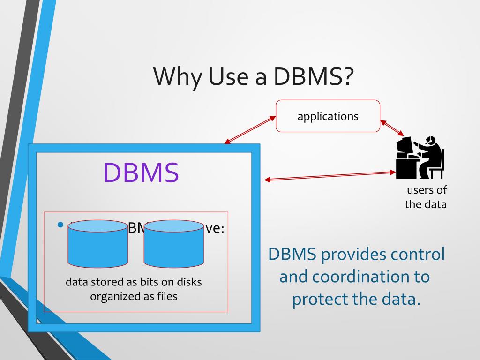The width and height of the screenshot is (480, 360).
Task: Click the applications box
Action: [x=328, y=116]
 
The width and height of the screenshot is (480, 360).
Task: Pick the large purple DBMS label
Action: [x=141, y=172]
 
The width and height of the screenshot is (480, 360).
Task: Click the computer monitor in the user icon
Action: [x=404, y=146]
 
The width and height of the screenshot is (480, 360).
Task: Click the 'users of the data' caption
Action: [x=426, y=197]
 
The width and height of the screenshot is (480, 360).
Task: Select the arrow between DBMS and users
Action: [x=330, y=176]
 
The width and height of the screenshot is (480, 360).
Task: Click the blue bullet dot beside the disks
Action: [x=60, y=225]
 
